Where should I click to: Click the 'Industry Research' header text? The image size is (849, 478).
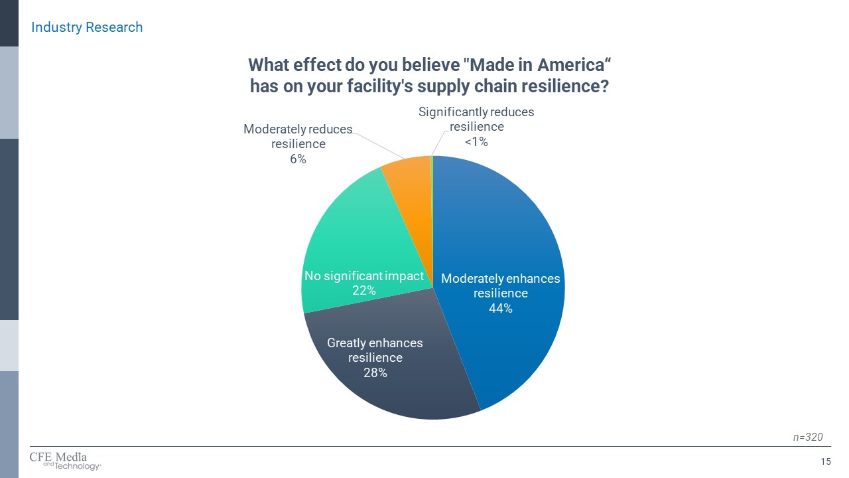87,27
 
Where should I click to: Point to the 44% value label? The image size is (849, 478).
500,308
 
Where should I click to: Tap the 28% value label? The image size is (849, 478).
375,372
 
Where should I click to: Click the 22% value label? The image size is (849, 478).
363,290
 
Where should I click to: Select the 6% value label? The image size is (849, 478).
298,159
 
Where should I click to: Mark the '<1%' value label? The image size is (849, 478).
476,141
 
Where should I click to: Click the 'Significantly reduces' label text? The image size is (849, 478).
476,112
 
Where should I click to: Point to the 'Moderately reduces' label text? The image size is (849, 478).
298,129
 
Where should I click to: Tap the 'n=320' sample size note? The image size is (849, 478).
808,437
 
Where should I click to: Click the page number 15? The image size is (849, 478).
826,462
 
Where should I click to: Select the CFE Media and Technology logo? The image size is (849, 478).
65,461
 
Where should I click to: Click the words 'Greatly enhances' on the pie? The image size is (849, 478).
375,343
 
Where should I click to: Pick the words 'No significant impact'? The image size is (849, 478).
363,276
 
